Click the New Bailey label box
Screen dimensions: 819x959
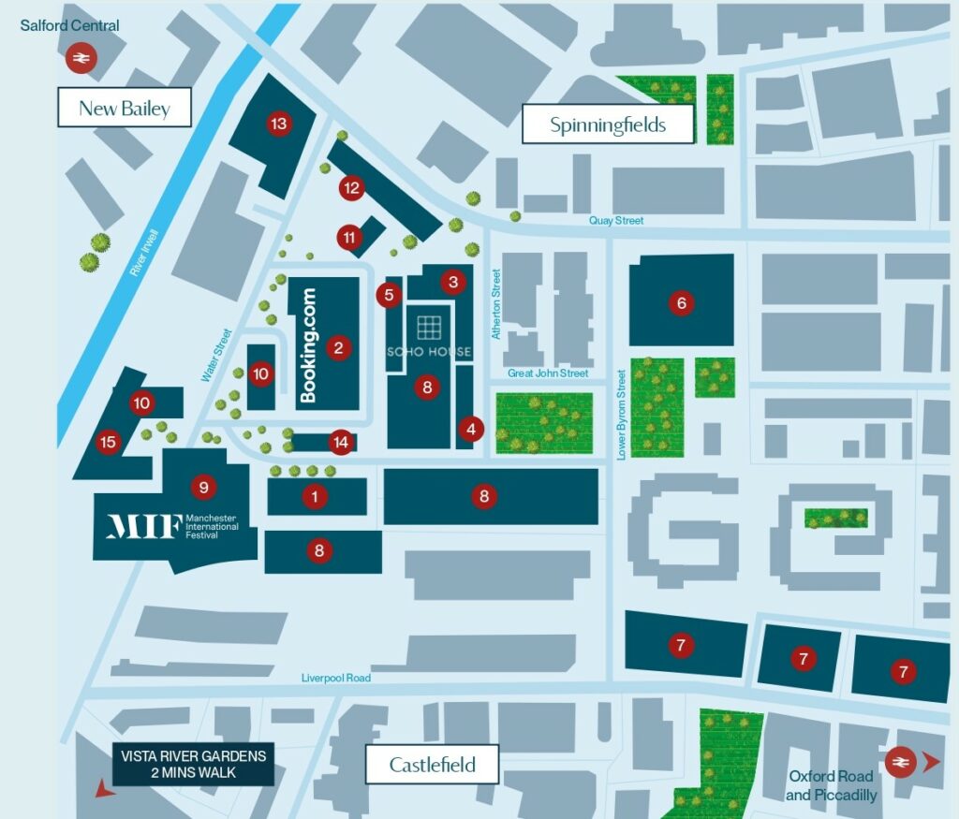(125, 109)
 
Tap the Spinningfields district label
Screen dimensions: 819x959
(608, 124)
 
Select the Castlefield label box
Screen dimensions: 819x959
(432, 765)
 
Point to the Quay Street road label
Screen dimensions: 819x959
(616, 221)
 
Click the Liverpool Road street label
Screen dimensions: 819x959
(336, 678)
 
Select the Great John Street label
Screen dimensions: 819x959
(548, 373)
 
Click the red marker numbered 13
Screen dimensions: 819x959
(278, 124)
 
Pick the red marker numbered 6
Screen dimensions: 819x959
(682, 302)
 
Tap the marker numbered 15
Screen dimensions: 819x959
(109, 443)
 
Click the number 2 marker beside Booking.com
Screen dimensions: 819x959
(338, 348)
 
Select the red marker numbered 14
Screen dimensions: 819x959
(341, 442)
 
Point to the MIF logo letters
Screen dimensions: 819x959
(143, 526)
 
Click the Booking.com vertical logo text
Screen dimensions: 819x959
(309, 345)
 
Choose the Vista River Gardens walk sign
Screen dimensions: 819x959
(193, 765)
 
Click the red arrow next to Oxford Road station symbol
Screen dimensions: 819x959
(930, 763)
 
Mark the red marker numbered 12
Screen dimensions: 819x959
(351, 187)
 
